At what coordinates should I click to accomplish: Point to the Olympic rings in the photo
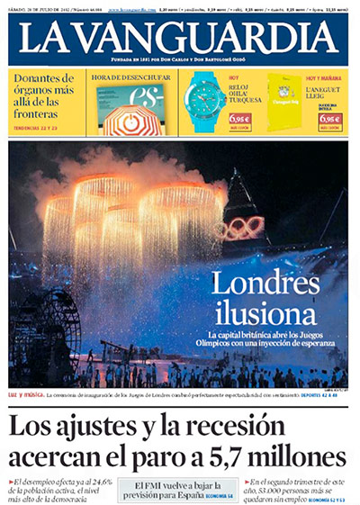point(242,226)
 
